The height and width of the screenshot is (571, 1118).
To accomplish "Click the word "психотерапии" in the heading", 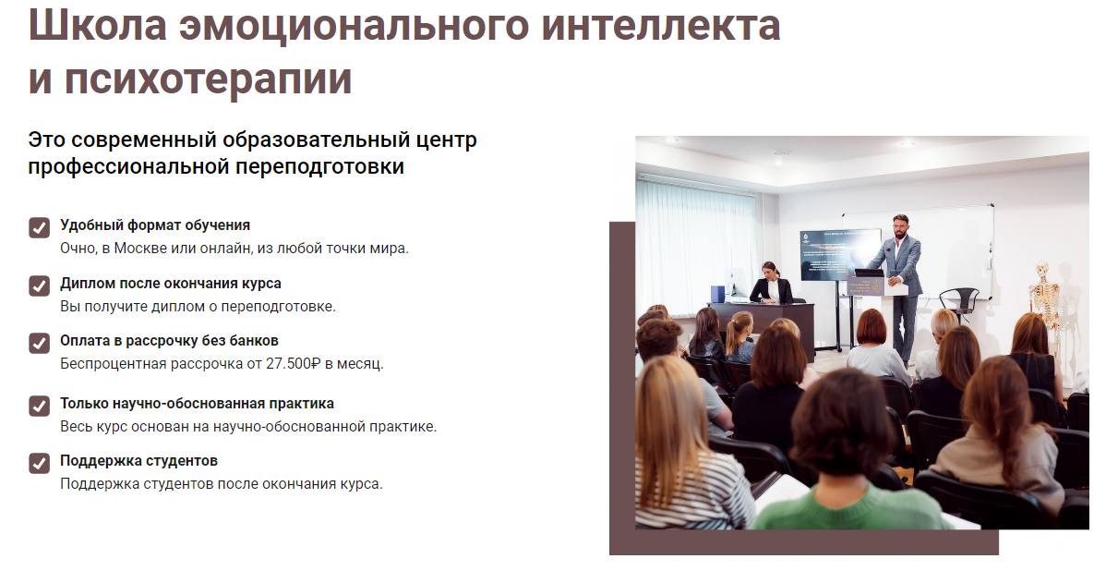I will coord(209,79).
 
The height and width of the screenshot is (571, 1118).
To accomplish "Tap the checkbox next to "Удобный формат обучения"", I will coord(39,227).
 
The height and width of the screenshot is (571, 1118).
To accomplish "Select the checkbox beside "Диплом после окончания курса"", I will coord(39,285).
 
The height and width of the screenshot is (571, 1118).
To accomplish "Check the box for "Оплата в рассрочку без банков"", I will coord(39,343).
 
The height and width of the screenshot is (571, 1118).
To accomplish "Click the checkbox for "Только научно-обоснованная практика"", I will coord(39,406).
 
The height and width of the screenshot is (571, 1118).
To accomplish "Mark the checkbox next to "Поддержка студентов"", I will coord(39,463).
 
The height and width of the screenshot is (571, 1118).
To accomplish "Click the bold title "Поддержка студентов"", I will coord(138,461).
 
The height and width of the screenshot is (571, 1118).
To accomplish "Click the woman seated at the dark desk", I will coord(769,285).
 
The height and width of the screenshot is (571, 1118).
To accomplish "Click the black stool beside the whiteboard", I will coord(959,301).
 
